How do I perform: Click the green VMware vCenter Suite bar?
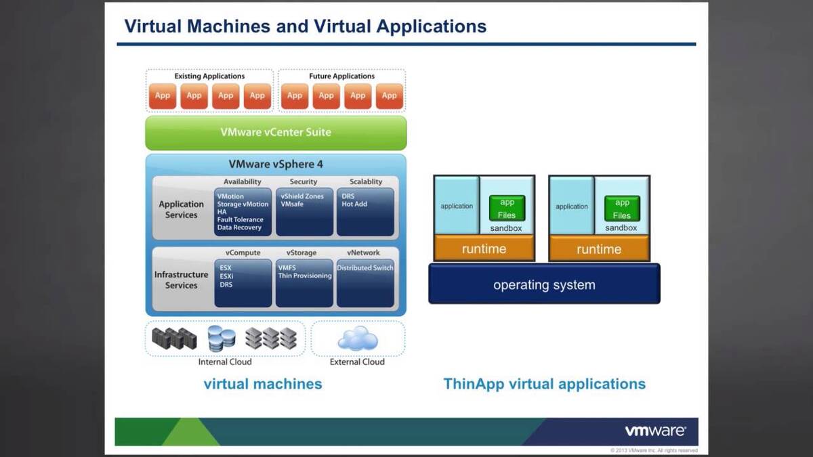point(276,133)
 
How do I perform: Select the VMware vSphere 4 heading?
point(276,164)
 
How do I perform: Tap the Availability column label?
point(243,182)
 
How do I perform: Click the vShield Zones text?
point(302,196)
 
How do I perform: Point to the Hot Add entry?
point(354,204)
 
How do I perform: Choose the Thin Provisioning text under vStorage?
point(305,276)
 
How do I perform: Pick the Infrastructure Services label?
point(181,280)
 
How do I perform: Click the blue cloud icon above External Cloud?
point(358,339)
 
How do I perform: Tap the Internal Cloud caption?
point(225,362)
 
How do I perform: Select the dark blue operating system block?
point(544,285)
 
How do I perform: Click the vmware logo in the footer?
point(655,431)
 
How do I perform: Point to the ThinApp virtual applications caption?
point(544,385)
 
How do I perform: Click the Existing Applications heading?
point(209,77)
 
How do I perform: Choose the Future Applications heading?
point(341,77)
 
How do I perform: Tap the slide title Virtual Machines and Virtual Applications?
point(305,26)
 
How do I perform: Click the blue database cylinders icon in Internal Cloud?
point(221,338)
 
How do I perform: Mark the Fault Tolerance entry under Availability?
point(240,219)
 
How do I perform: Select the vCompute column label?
point(243,253)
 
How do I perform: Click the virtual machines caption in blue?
point(263,385)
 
